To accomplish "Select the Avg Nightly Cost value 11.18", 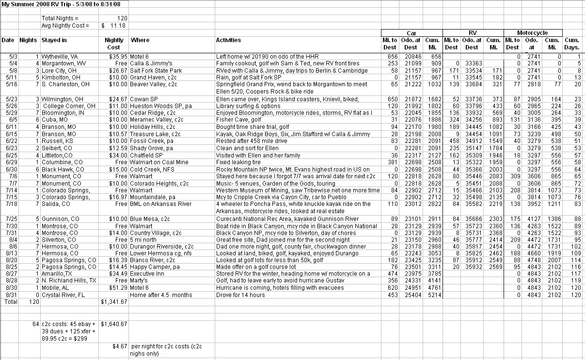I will [119, 25].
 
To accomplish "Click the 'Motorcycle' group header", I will [532, 33].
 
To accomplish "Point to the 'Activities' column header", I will [228, 40].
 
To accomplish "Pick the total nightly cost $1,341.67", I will [114, 302].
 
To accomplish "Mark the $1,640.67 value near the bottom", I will [114, 324].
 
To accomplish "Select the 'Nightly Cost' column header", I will [114, 44].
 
